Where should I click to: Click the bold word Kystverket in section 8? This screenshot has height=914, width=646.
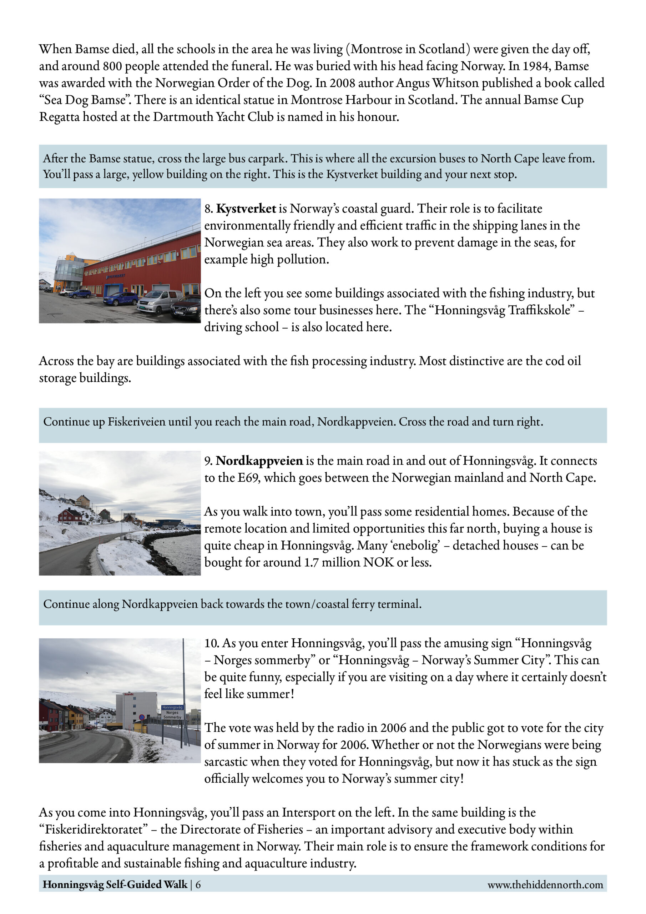pos(246,209)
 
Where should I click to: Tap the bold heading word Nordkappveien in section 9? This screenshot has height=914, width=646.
pos(259,461)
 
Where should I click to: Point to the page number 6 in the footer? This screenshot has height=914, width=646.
pos(198,884)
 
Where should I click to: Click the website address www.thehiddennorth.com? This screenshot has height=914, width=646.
pos(545,884)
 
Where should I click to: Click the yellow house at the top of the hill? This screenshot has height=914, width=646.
pos(82,501)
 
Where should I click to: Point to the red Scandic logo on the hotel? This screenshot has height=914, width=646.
pos(129,694)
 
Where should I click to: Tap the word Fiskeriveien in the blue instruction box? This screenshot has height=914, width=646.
pos(136,422)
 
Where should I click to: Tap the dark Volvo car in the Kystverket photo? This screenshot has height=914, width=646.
pos(186,308)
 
